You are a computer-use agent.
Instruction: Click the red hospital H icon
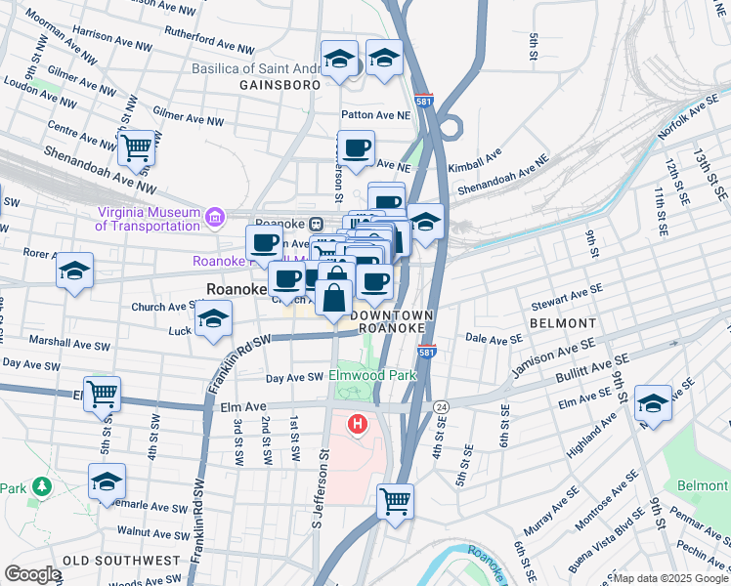358,425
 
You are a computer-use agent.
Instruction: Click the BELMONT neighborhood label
562,322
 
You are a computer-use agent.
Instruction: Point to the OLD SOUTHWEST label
121,561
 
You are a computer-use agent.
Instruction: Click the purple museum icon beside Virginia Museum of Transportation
213,217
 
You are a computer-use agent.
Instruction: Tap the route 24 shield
441,405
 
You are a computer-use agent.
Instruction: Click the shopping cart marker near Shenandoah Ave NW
138,148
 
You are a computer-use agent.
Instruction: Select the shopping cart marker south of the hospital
395,501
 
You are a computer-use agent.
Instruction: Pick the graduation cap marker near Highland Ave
653,402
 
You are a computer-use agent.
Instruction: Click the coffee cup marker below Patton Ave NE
357,148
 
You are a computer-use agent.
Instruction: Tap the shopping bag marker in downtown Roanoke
334,297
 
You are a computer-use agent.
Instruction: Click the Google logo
32,574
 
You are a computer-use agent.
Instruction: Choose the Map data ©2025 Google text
670,578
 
